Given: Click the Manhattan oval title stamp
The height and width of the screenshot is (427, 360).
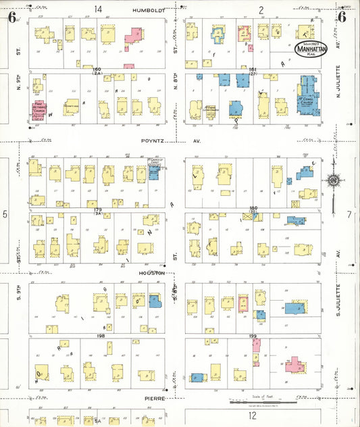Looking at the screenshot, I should click(x=313, y=47).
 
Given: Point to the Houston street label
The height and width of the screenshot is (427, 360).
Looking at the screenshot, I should click(x=152, y=272).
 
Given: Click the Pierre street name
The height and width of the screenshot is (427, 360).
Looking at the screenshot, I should click(x=156, y=399).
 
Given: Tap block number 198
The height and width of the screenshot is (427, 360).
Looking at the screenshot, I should click(x=101, y=336).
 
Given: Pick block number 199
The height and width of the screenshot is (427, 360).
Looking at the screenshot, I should click(x=254, y=336).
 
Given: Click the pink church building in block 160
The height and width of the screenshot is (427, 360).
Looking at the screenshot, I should click(x=38, y=110).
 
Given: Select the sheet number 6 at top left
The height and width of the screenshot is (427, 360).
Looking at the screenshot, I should click(x=12, y=17).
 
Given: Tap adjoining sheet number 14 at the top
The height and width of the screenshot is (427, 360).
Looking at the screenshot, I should click(x=99, y=9).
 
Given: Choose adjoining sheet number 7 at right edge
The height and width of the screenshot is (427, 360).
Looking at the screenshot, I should click(x=349, y=214).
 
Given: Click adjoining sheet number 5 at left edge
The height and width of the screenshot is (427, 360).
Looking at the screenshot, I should click(x=5, y=214).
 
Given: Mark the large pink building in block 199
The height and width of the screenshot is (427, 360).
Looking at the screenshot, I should click(x=294, y=365).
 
